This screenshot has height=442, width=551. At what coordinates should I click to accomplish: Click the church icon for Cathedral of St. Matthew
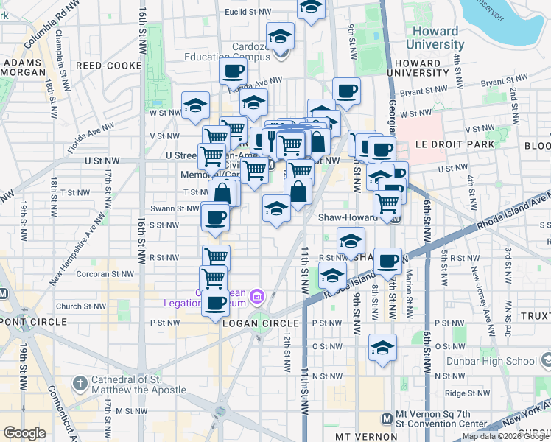(80, 383)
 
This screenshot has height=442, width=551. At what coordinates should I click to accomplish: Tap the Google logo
(24, 433)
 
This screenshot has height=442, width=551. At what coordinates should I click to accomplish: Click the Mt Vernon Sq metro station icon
(387, 418)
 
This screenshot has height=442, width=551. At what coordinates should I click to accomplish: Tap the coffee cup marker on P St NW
(215, 303)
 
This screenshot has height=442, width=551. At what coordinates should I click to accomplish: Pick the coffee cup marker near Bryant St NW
(346, 91)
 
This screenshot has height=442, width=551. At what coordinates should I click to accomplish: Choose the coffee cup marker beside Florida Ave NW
(233, 72)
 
